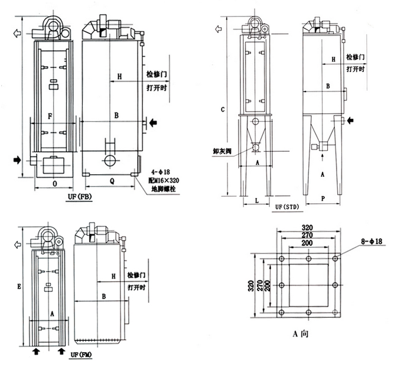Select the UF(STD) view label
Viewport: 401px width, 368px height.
288,207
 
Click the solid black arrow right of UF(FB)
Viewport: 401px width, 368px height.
154,122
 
